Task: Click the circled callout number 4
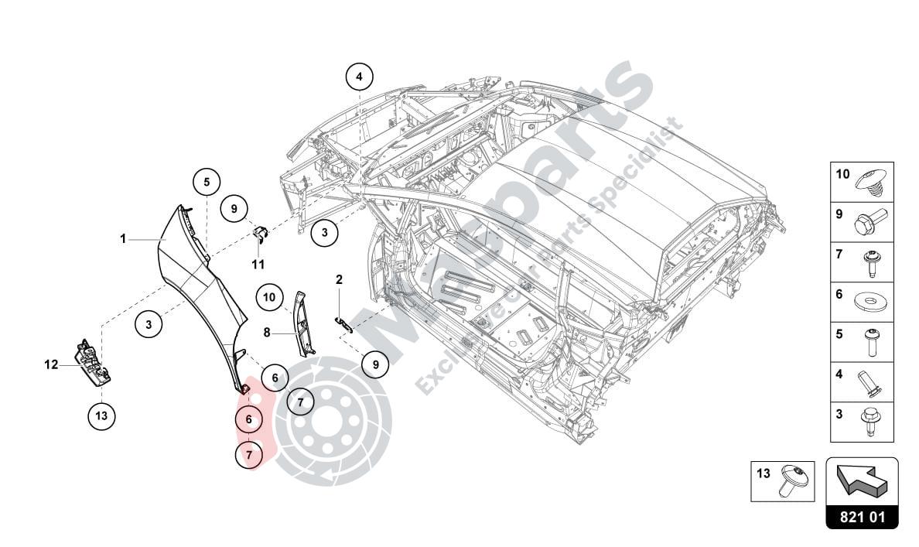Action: point(359,77)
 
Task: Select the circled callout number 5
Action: point(207,183)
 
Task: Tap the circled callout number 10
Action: point(269,296)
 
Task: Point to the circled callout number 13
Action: point(101,416)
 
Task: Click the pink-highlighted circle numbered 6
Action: point(248,419)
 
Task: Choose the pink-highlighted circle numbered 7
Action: point(249,456)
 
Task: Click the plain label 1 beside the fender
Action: point(122,239)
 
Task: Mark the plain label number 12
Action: point(51,364)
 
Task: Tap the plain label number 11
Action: point(258,264)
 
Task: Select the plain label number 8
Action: point(266,333)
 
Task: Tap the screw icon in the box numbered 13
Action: point(797,480)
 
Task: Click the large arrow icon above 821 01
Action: point(862,482)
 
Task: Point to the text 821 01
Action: point(862,517)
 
